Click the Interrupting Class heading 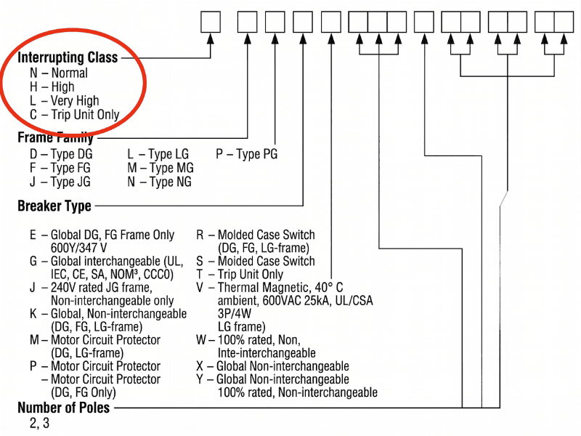point(68,58)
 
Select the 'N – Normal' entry point(59,73)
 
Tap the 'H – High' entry point(52,86)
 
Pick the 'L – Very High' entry point(65,100)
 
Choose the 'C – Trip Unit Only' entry point(75,114)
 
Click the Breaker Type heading point(54,206)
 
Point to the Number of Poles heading point(64,408)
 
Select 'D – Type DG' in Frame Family point(61,154)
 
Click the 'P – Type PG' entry point(246,154)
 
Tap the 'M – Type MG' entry point(161,168)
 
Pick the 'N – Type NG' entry point(160,182)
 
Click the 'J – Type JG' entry point(60,182)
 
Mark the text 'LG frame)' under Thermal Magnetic point(242,326)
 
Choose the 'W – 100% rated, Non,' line point(249,339)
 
